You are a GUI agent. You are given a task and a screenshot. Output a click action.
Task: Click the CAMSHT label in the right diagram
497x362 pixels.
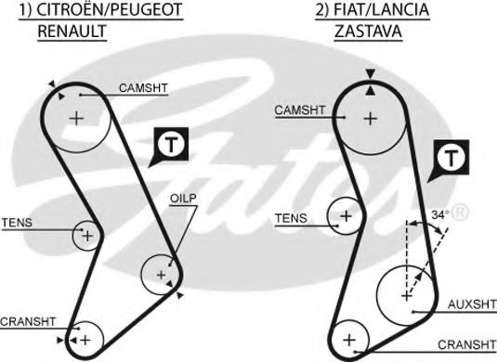click(x=299, y=110)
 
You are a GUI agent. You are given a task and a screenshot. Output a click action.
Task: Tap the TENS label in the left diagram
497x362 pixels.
click(x=17, y=223)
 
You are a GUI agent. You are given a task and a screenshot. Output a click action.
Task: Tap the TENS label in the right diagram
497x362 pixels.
click(x=291, y=219)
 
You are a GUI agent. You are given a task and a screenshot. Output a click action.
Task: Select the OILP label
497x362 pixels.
click(x=182, y=199)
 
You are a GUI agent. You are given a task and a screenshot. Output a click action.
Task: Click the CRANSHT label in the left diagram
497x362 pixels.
click(x=29, y=320)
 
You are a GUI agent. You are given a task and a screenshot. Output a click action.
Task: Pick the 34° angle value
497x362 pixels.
click(x=439, y=214)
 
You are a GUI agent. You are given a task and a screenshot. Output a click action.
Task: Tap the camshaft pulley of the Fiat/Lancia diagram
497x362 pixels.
click(x=371, y=118)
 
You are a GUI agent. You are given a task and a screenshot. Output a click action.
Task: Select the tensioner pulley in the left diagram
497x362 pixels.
click(x=86, y=236)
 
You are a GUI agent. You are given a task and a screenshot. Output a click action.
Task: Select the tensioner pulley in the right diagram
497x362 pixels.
click(x=346, y=215)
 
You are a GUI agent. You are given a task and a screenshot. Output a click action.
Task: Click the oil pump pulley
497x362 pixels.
click(x=161, y=274)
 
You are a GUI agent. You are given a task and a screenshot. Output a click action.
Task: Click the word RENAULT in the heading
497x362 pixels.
click(x=72, y=32)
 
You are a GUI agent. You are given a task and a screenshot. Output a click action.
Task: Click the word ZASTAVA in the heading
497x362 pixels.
click(x=370, y=32)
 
